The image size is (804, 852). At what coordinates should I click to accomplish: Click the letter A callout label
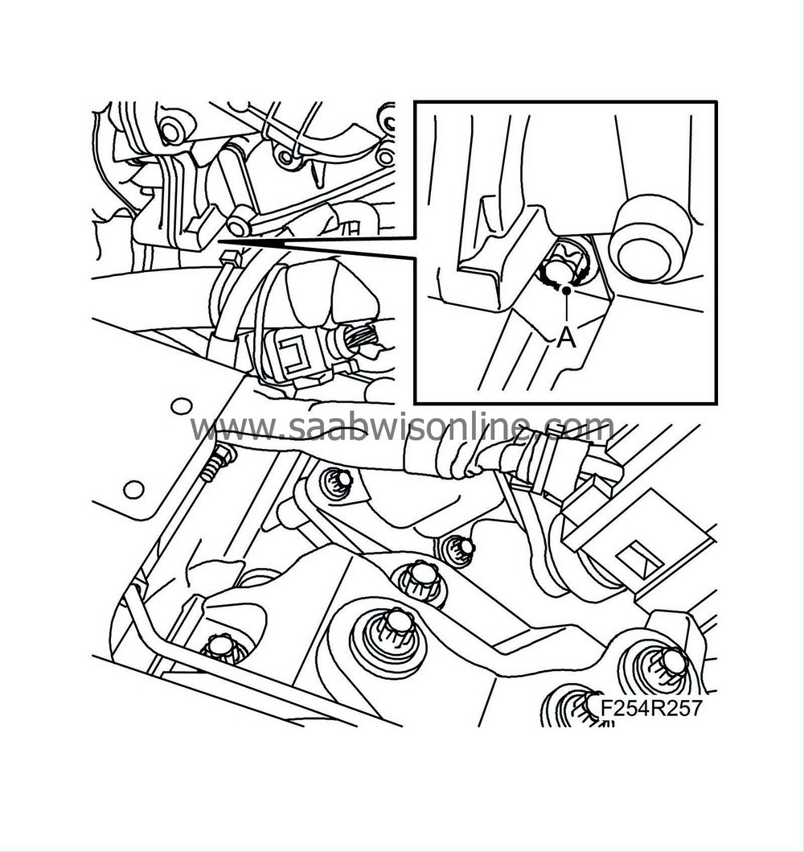click(x=566, y=338)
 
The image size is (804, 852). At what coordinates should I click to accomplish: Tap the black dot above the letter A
click(x=566, y=290)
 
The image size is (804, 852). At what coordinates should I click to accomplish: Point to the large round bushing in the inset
click(x=650, y=241)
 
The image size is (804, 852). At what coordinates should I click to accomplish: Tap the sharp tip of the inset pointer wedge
click(x=219, y=240)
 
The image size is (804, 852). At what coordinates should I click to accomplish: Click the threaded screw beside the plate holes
click(x=218, y=463)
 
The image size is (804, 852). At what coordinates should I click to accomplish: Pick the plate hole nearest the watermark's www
click(x=182, y=405)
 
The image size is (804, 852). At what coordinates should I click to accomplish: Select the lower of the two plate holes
click(x=133, y=490)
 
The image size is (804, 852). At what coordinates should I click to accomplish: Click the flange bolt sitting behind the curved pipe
click(x=221, y=648)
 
